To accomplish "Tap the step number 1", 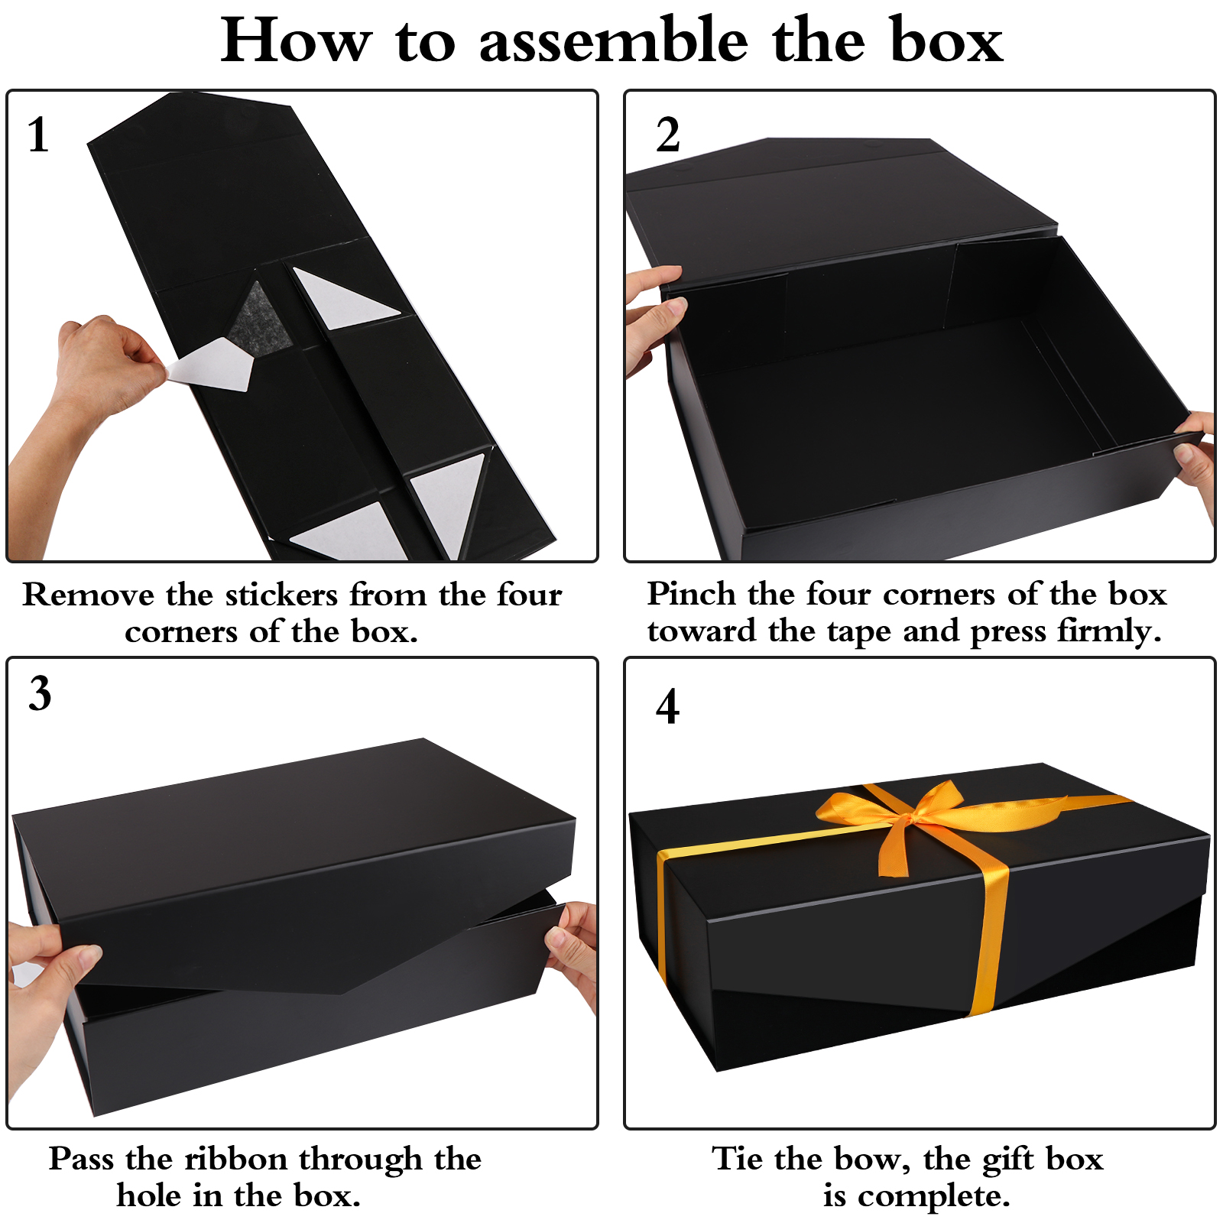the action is tap(38, 135).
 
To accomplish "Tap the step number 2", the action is tap(667, 135).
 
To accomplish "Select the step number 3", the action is tap(40, 693).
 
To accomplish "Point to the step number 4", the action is tap(667, 706).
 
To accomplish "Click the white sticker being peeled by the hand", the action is tap(211, 365).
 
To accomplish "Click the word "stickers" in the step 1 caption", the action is tap(281, 595).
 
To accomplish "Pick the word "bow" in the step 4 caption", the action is tap(871, 1160).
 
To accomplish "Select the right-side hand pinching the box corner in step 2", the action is tap(1195, 459).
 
